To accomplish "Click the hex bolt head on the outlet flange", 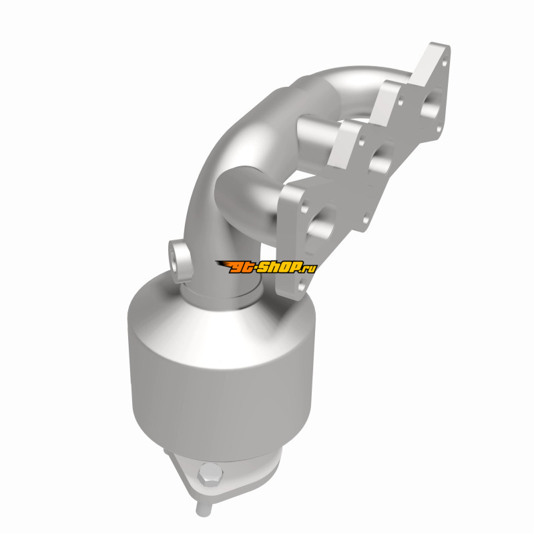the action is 210,474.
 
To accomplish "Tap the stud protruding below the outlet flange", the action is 204,508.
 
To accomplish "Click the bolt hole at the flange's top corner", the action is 444,62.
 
